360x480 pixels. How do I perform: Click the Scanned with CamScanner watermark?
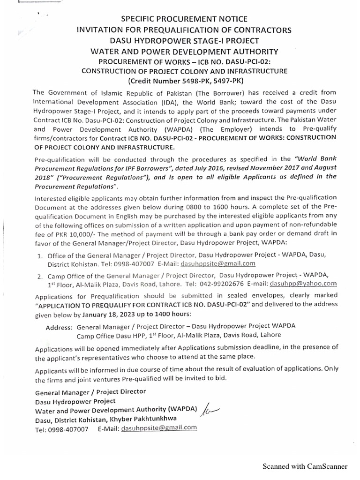point(305,466)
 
